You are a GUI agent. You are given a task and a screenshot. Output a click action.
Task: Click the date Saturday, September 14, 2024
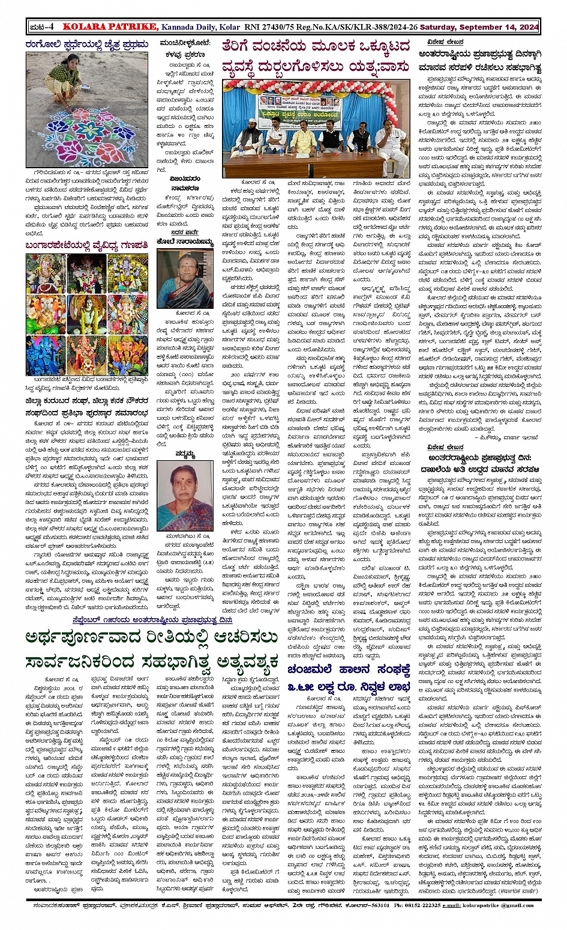coord(479,27)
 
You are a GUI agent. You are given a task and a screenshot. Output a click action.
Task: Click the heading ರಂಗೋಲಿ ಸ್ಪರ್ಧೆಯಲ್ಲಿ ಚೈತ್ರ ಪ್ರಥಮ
coord(86,44)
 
